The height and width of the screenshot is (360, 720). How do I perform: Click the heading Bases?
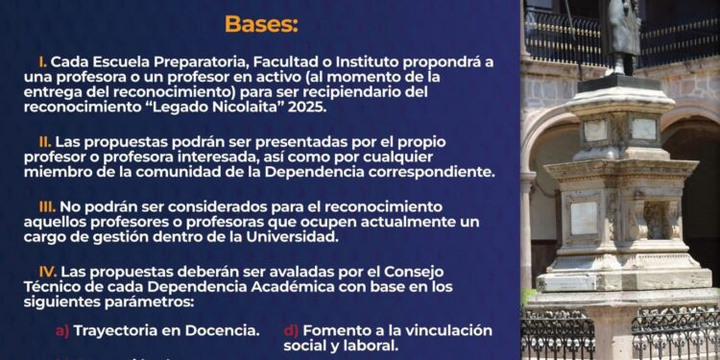tap(261, 23)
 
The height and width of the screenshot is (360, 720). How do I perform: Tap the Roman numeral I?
tap(42, 60)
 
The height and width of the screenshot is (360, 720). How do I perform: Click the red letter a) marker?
tap(62, 330)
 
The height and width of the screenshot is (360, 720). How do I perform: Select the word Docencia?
tap(221, 330)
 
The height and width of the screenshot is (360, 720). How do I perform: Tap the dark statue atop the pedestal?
tap(621, 34)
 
